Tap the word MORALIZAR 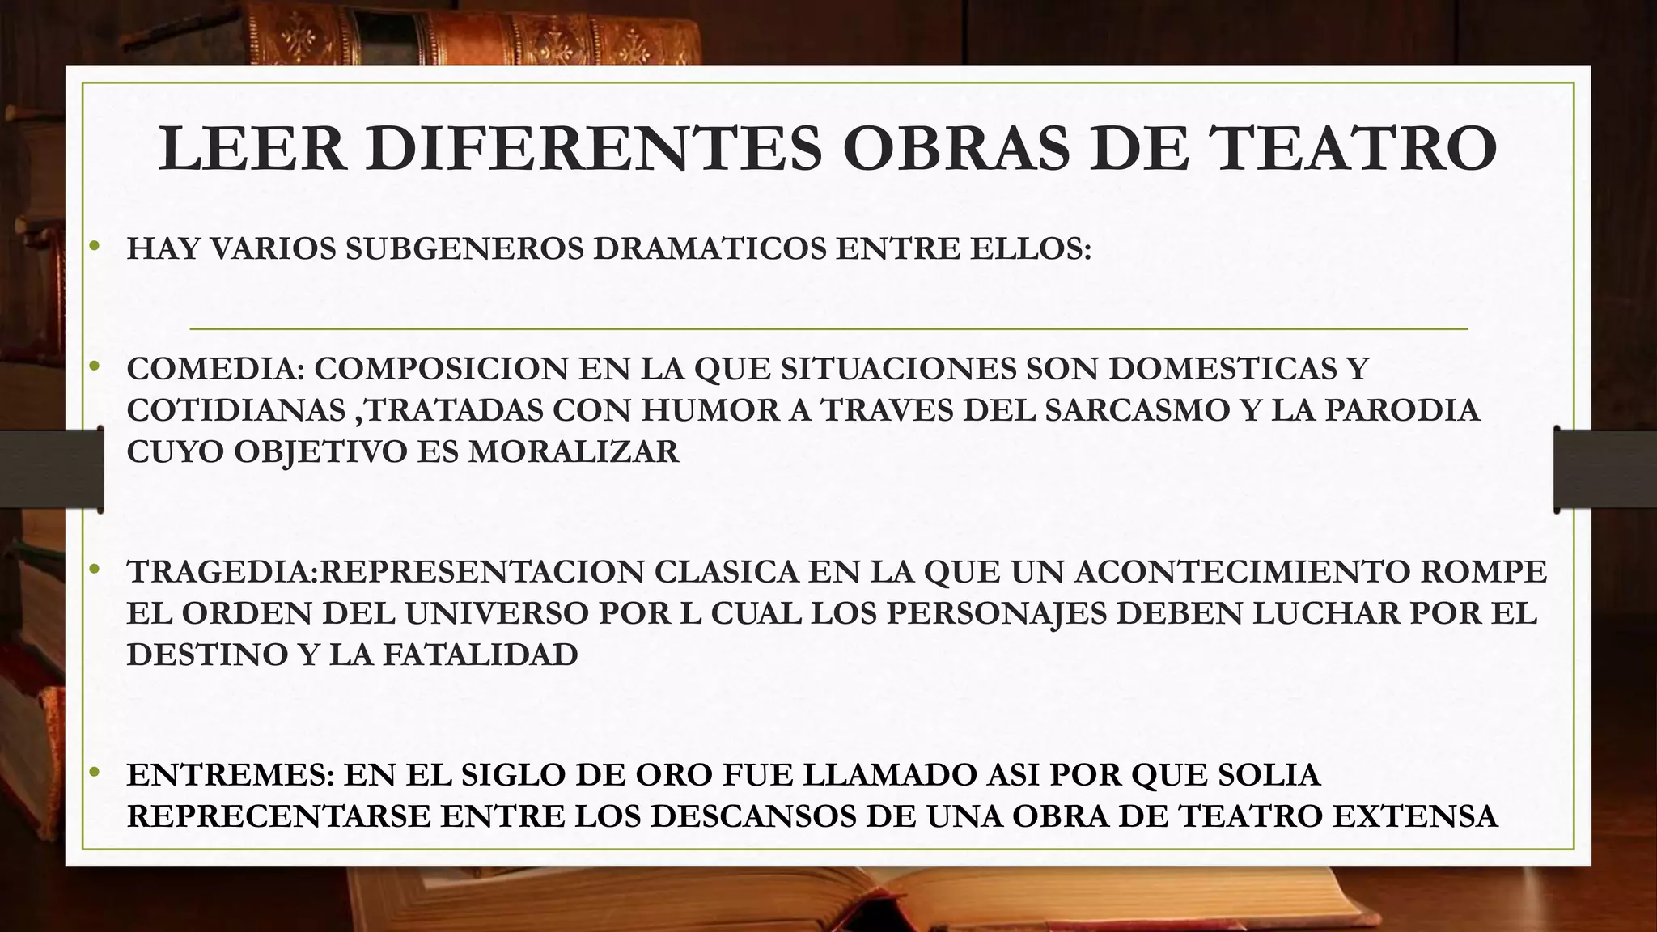pyautogui.click(x=574, y=451)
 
